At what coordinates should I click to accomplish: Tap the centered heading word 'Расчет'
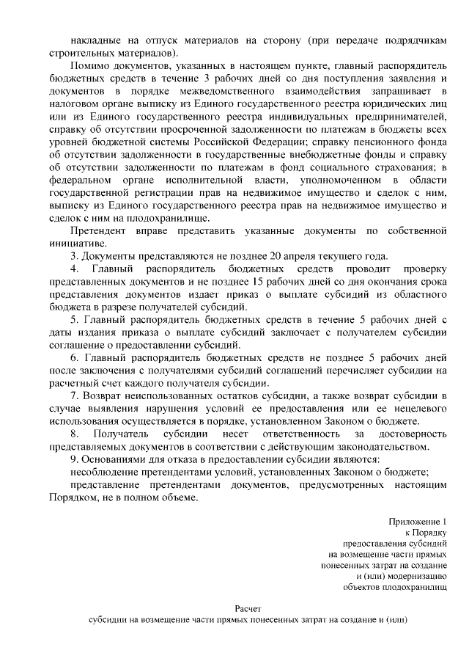click(248, 608)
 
